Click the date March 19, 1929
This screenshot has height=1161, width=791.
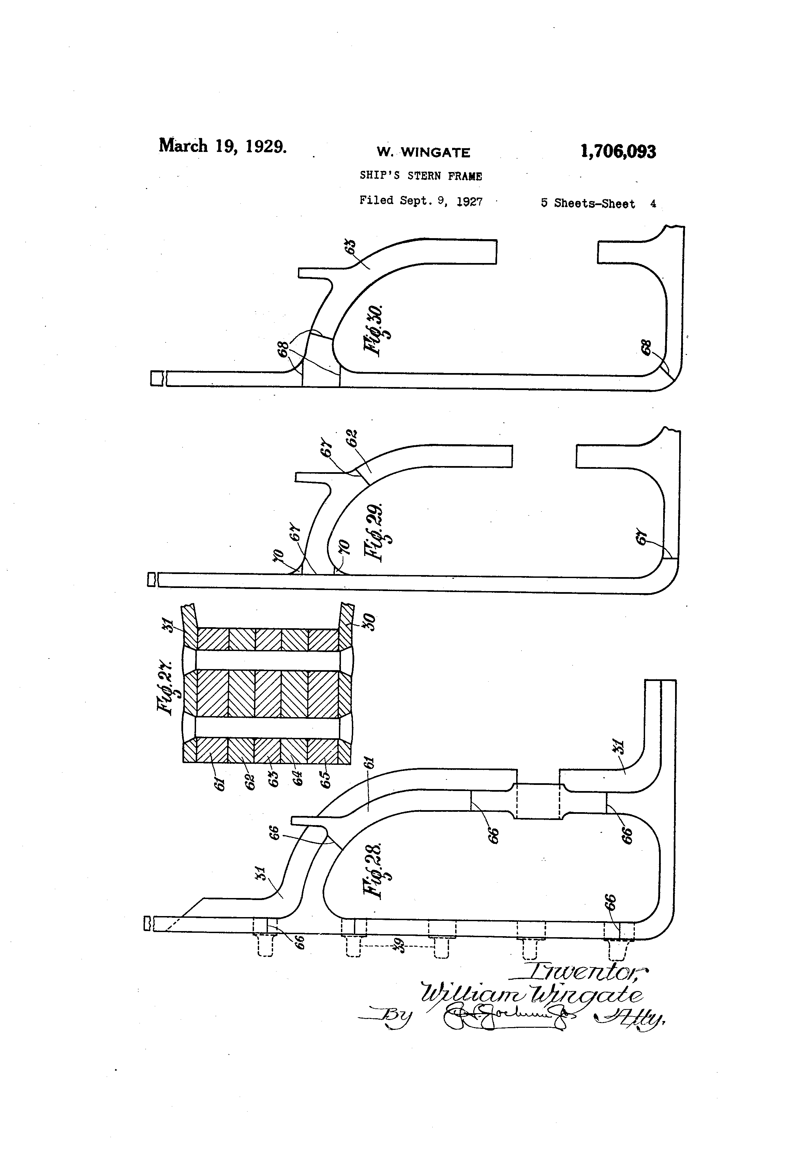[x=223, y=146]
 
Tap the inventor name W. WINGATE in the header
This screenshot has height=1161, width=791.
[x=423, y=152]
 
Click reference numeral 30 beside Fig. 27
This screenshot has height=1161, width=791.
[x=371, y=622]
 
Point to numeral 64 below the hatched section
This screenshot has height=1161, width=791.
[x=298, y=778]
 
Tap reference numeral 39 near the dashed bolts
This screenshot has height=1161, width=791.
[x=400, y=946]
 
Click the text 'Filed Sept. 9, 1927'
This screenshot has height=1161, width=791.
[x=420, y=201]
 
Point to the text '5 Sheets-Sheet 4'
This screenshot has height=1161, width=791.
[x=598, y=203]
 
